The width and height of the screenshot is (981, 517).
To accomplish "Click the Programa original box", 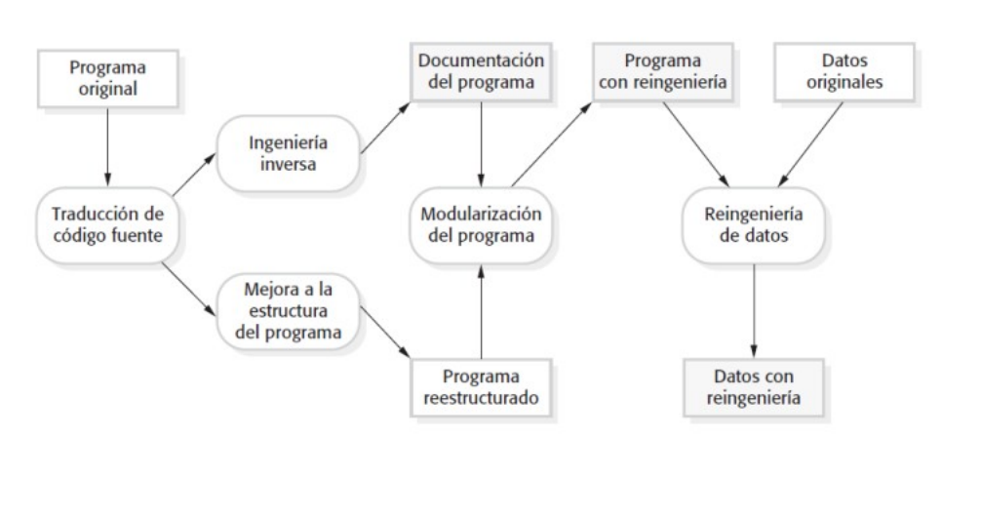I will (99, 77).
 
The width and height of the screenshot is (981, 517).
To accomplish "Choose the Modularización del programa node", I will (480, 225).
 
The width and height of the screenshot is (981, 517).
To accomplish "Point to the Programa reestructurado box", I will (481, 386).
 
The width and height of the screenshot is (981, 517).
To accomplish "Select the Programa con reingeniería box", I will (664, 70).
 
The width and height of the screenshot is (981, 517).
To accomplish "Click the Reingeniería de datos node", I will (752, 225).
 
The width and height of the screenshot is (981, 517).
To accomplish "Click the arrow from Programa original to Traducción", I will (99, 146).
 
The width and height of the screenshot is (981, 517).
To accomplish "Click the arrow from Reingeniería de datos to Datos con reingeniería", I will (752, 311).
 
